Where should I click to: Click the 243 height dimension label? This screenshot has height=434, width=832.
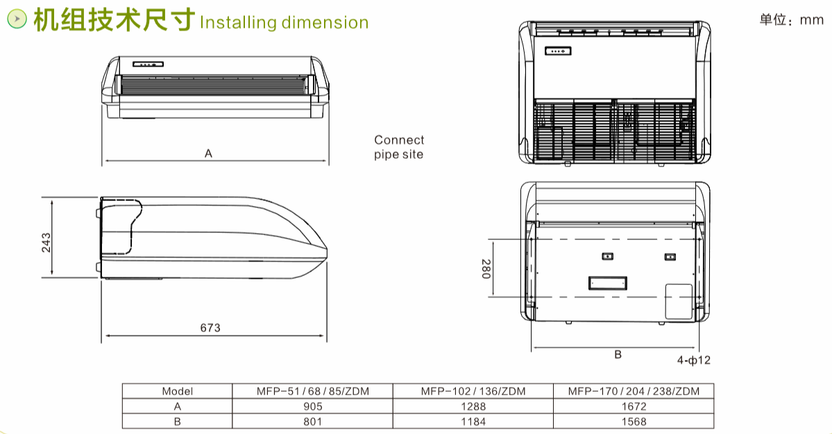click(x=46, y=243)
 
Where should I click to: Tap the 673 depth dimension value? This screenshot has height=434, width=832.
click(x=210, y=328)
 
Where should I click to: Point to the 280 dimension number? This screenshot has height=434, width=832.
click(x=486, y=269)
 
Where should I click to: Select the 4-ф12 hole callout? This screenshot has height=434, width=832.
click(x=693, y=361)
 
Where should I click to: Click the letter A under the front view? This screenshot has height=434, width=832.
click(x=209, y=153)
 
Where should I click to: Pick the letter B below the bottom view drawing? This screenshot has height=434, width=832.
click(x=618, y=354)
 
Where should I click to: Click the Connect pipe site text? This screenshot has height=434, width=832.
click(x=399, y=147)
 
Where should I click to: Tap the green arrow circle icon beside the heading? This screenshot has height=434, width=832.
click(x=17, y=19)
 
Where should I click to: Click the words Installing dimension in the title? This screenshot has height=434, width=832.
click(x=284, y=22)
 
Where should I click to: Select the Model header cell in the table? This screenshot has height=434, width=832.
click(x=177, y=391)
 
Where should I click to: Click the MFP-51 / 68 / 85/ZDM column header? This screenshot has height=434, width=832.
click(x=312, y=391)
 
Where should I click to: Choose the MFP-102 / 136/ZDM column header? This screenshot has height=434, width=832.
click(x=473, y=391)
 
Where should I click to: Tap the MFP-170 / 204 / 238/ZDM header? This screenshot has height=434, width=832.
click(x=634, y=391)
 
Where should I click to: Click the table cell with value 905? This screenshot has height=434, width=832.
click(x=312, y=406)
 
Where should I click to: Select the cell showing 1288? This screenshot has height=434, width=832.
click(x=473, y=406)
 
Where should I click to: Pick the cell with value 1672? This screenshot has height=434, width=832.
click(x=634, y=406)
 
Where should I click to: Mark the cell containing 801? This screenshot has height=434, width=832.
click(x=312, y=422)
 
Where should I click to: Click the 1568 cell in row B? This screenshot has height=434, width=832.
click(x=634, y=422)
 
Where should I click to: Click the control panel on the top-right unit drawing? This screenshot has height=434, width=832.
click(x=558, y=51)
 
